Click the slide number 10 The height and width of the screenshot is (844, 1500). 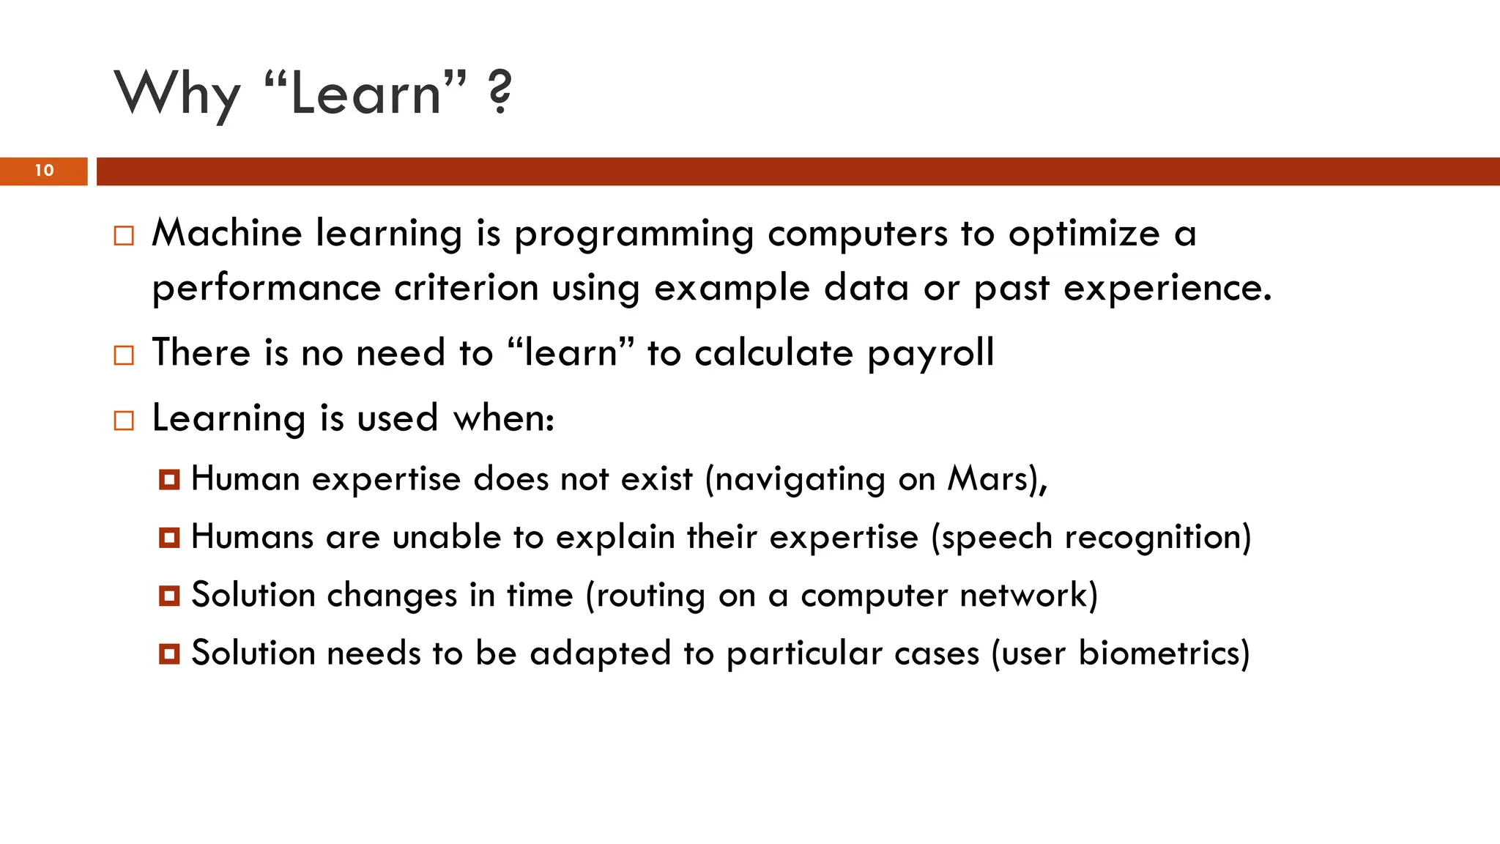pyautogui.click(x=44, y=171)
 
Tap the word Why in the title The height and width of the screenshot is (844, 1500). pyautogui.click(x=177, y=94)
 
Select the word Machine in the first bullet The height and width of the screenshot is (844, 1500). pyautogui.click(x=226, y=234)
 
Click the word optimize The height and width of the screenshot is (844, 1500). pyautogui.click(x=1084, y=234)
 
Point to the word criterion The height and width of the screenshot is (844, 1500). pyautogui.click(x=467, y=288)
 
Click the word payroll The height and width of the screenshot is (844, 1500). pyautogui.click(x=930, y=354)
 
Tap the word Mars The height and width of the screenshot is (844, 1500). pyautogui.click(x=989, y=479)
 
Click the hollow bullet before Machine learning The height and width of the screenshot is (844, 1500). pyautogui.click(x=124, y=236)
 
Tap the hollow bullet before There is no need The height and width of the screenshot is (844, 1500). pyautogui.click(x=124, y=355)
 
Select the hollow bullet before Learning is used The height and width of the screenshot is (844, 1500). pyautogui.click(x=124, y=421)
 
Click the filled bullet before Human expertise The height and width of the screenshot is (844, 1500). pyautogui.click(x=169, y=480)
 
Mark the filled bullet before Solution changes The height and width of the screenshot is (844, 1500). pyautogui.click(x=169, y=596)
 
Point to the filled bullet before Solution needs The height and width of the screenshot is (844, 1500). pyautogui.click(x=169, y=654)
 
